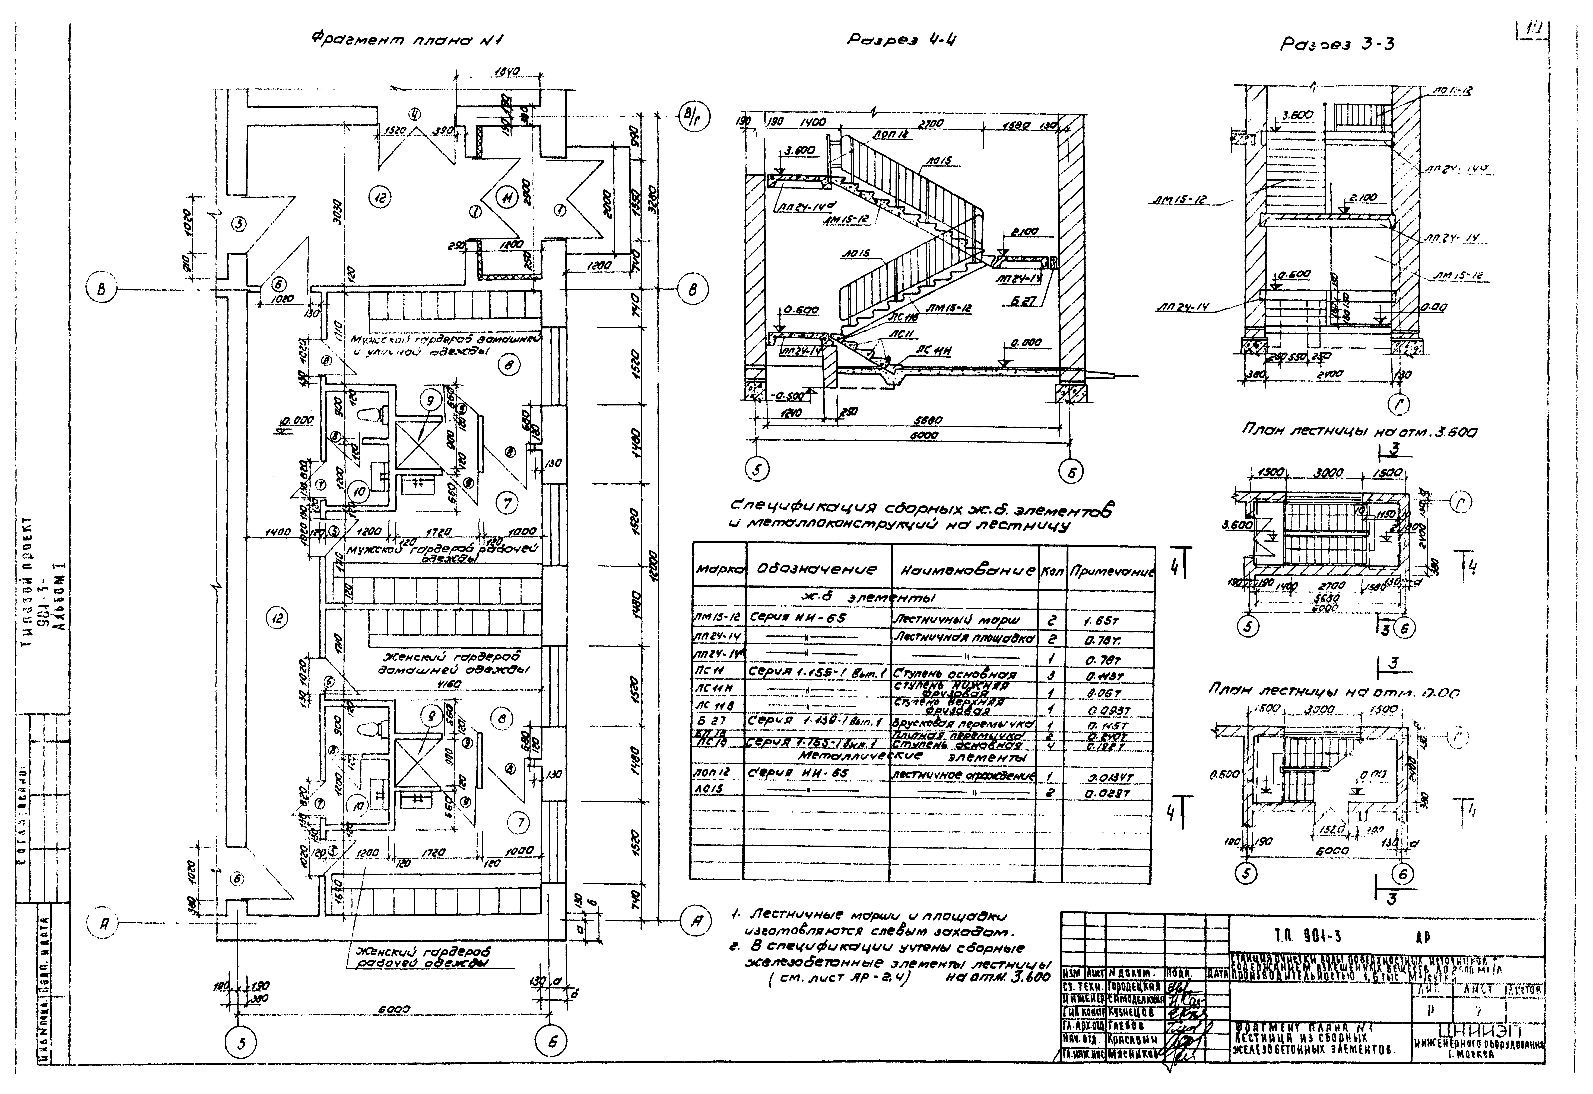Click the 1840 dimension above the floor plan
[x=508, y=71]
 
